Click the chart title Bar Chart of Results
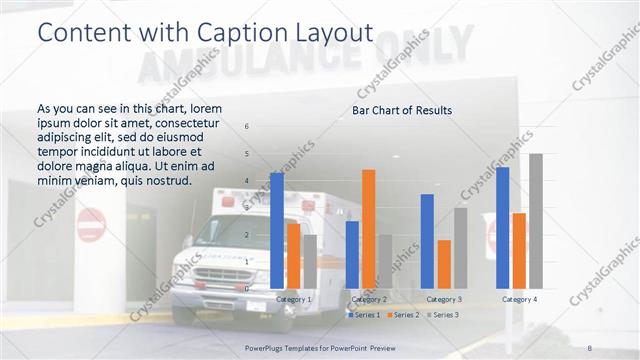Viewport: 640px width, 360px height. (402, 110)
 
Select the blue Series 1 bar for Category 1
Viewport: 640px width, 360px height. (277, 230)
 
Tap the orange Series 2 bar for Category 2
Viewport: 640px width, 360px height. (369, 229)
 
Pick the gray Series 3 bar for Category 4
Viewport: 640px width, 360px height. (536, 221)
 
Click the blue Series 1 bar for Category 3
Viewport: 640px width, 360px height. (428, 241)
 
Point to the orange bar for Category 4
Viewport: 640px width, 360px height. (519, 250)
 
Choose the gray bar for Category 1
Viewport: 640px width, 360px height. (310, 261)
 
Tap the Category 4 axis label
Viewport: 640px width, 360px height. (519, 299)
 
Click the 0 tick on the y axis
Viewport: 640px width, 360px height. (248, 288)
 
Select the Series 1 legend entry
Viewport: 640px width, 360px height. (365, 315)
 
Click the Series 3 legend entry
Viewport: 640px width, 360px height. (443, 315)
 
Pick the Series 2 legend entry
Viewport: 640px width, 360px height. (404, 315)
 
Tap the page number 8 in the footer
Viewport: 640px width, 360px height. (590, 347)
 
